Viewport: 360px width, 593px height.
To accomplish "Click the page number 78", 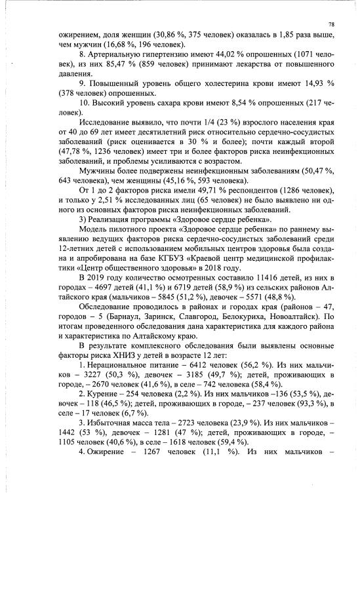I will pos(331,23).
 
